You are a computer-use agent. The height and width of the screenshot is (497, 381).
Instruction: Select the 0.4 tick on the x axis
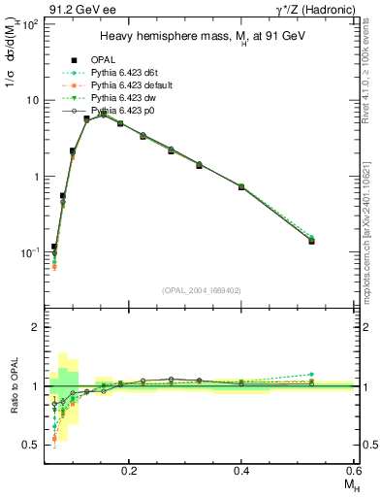pyautogui.click(x=241, y=468)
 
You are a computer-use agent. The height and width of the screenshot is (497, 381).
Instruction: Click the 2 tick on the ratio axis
pyautogui.click(x=35, y=327)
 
